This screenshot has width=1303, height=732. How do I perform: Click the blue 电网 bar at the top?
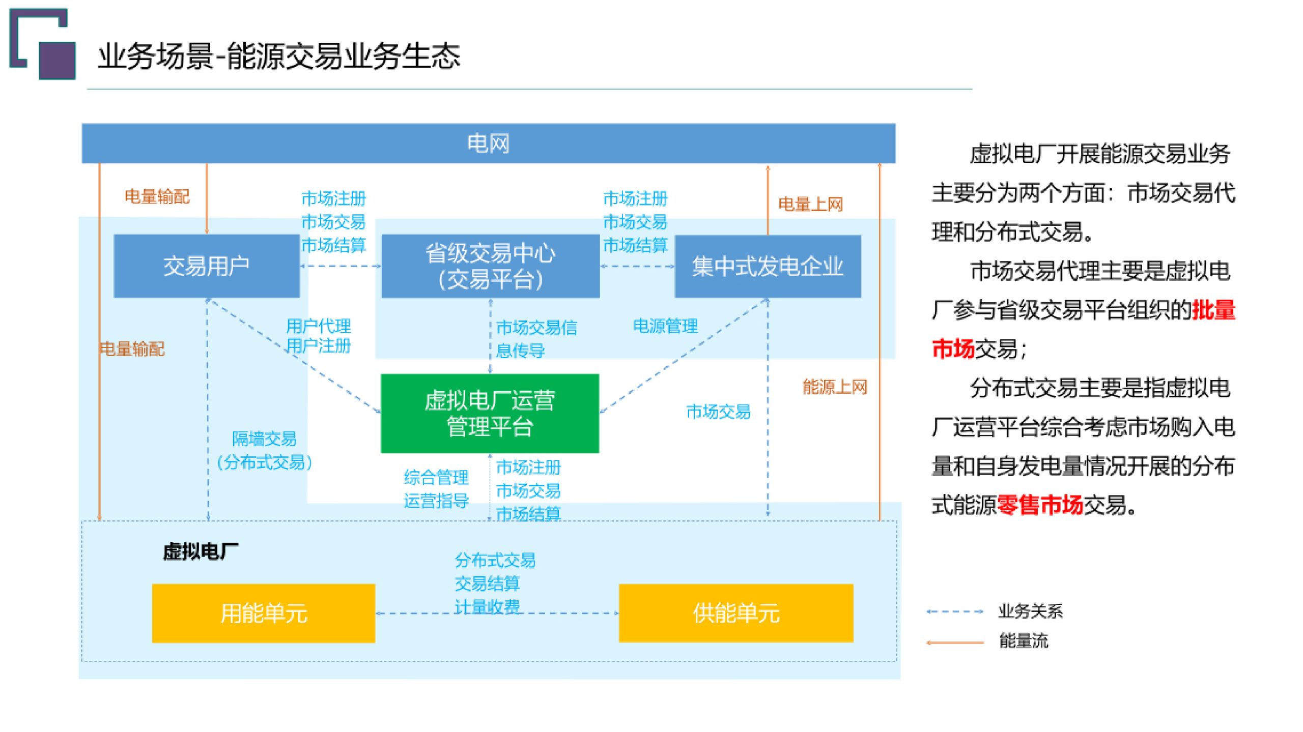[x=488, y=143]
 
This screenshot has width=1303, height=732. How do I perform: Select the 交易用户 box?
[x=206, y=266]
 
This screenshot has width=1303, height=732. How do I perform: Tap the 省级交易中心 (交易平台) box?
[x=490, y=266]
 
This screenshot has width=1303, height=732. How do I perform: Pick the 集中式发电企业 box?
[x=768, y=266]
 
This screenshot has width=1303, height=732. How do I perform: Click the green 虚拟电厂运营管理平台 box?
[x=490, y=413]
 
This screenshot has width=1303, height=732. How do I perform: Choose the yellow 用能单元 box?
[x=263, y=613]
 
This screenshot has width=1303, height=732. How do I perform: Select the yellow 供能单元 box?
[x=736, y=613]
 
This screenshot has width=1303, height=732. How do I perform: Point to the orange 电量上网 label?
[x=810, y=204]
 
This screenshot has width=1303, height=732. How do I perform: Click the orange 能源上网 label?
[x=835, y=387]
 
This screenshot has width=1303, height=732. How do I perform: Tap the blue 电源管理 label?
[x=665, y=326]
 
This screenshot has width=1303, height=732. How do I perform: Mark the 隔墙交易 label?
[x=264, y=438]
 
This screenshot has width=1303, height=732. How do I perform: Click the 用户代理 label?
[x=319, y=326]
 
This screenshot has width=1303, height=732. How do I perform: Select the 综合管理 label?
[x=436, y=477]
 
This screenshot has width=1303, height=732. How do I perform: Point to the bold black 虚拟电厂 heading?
[x=200, y=551]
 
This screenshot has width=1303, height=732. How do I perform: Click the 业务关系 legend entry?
[x=1030, y=611]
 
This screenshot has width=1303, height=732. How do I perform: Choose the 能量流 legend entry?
[x=1024, y=641]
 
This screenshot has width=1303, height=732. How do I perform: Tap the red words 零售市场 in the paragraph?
[x=1040, y=505]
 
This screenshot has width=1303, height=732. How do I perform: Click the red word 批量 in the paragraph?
[x=1214, y=310]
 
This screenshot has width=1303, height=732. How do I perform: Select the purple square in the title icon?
[x=57, y=61]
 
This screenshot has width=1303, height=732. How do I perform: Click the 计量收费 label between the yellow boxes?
[x=487, y=606]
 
